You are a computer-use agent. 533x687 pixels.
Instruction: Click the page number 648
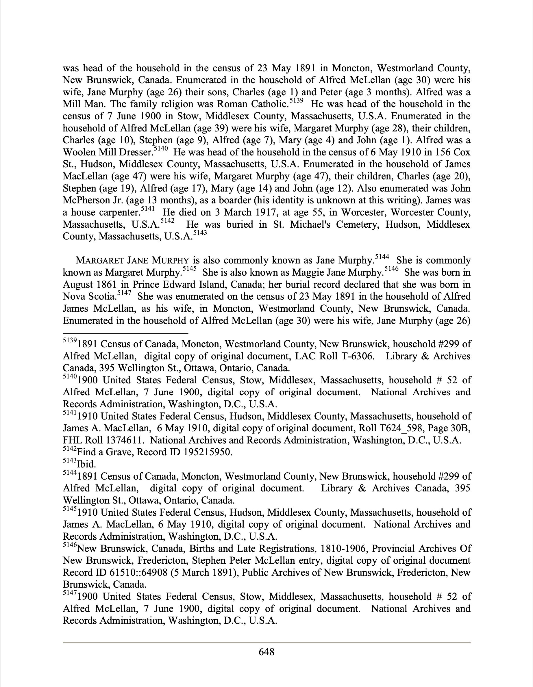pos(266,652)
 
